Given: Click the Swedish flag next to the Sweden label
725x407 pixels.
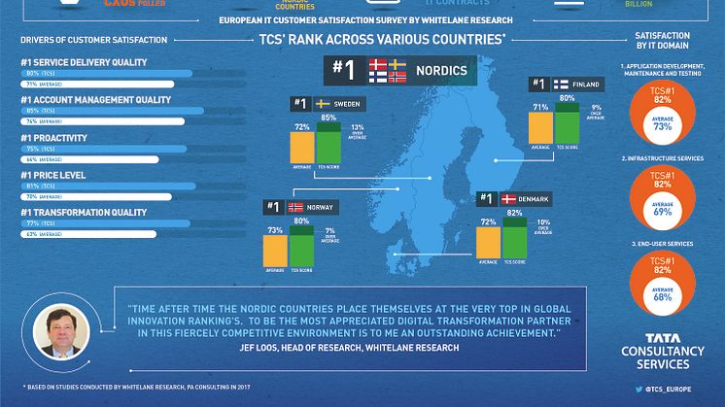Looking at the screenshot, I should coord(322,103).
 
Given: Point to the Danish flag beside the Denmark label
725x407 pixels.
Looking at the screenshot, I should coord(506,199).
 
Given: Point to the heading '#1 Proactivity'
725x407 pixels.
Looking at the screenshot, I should coord(52,137).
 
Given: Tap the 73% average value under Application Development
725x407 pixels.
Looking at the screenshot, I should coord(664,126).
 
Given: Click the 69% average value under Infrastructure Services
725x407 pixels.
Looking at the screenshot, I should coord(664,211).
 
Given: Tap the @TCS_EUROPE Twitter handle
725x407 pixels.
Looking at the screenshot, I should coord(668,389).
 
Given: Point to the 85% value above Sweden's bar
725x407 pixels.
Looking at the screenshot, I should coord(328,118).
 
